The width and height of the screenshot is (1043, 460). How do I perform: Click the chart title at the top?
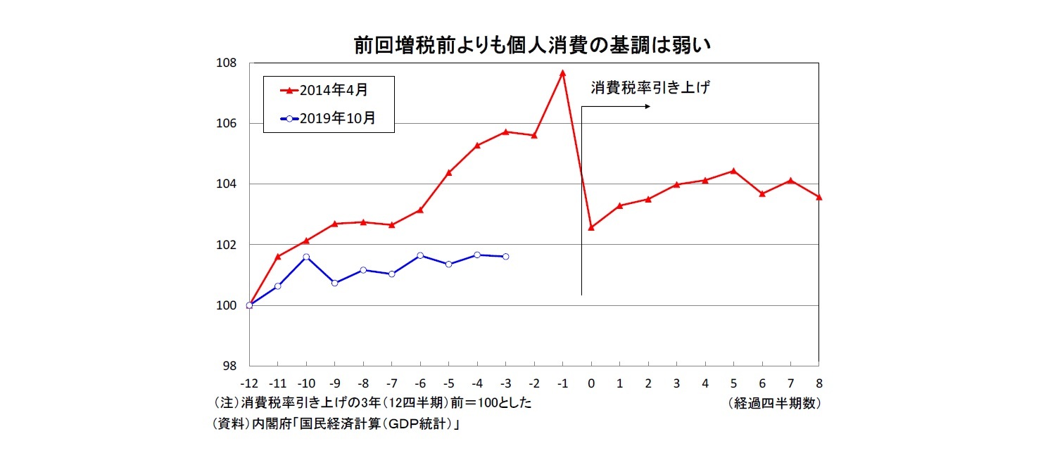coord(533,46)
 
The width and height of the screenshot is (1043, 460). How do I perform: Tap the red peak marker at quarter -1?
coord(562,72)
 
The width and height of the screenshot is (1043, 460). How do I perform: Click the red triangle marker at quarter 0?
coord(591,227)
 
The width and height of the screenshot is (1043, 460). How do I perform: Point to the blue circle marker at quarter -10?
coord(306,257)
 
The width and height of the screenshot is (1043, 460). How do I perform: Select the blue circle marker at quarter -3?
coord(505,257)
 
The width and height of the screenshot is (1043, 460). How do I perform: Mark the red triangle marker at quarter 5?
coord(733,170)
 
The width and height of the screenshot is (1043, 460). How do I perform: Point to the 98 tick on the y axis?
coord(229,366)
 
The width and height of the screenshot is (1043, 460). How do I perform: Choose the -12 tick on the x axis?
coord(249,384)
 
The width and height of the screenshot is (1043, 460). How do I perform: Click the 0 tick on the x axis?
coord(591,384)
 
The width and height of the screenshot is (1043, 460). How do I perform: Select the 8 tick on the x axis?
coord(818,384)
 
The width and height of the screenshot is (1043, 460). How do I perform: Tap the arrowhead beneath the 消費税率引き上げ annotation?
coord(646,107)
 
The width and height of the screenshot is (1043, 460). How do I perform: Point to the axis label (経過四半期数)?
coord(774,404)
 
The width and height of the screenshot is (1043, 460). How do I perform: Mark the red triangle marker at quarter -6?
coord(420,210)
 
